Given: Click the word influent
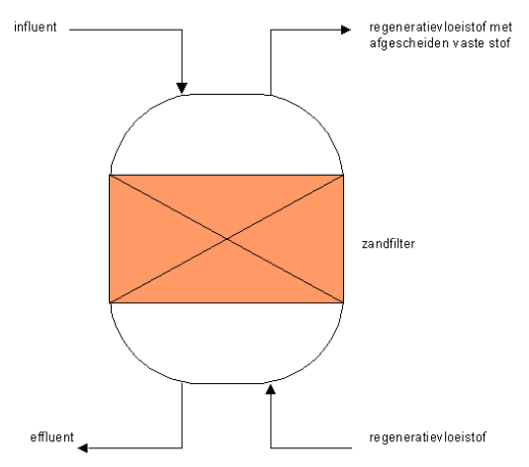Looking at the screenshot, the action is [x=35, y=27].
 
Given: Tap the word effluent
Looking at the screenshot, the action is [x=51, y=437].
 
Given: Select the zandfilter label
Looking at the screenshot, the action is [x=389, y=244].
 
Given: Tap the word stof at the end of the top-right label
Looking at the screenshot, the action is [x=499, y=43].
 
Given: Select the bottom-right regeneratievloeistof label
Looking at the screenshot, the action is [x=427, y=437].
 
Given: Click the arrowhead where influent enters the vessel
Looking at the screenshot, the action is [x=182, y=88].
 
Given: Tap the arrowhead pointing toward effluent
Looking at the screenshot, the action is [x=83, y=448].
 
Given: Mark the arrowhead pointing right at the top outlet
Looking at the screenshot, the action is [x=346, y=30].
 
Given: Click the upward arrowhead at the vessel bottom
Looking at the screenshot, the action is [x=271, y=390].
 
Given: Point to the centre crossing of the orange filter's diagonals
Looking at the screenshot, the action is [x=226, y=239].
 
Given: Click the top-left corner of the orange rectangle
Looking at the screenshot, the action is [x=110, y=175].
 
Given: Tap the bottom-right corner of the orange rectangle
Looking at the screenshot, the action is [x=343, y=302].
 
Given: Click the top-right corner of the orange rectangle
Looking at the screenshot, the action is [x=343, y=175].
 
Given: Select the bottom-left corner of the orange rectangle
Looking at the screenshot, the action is [x=110, y=302].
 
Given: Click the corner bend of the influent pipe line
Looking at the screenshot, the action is [x=182, y=30].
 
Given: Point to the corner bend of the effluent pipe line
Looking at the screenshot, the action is [x=182, y=448].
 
